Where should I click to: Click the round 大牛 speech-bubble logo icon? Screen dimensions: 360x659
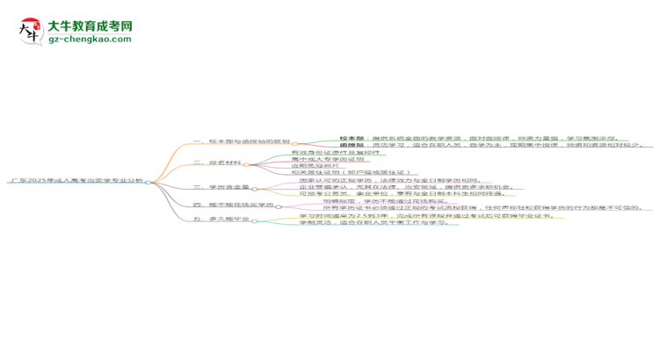tap(32, 32)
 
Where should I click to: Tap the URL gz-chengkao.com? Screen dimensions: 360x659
tap(89, 40)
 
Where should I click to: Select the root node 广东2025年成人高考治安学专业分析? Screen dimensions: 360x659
tap(76, 181)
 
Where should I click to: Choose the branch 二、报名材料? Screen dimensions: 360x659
tap(217, 163)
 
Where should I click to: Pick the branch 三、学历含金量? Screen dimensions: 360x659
tap(222, 187)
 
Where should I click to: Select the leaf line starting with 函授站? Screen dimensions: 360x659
tap(491, 146)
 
